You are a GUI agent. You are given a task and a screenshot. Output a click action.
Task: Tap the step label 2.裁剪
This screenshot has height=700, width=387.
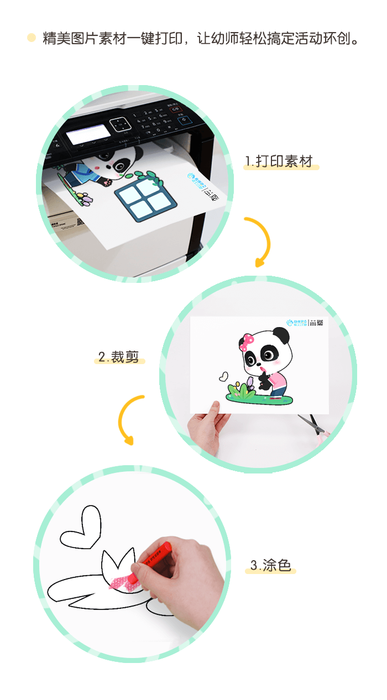click(x=118, y=356)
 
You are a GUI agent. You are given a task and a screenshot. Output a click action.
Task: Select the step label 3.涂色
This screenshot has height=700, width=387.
click(x=270, y=565)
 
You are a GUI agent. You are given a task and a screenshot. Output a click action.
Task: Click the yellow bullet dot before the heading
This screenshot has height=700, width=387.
click(x=32, y=38)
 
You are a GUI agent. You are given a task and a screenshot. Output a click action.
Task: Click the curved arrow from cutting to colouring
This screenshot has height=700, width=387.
click(x=129, y=419)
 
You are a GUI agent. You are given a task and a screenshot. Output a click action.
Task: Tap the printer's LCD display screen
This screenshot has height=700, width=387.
click(x=86, y=133)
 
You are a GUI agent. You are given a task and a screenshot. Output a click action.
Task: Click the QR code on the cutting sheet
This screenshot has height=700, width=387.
click(x=319, y=323)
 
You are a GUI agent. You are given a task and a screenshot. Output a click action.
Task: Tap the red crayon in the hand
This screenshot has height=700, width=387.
click(x=156, y=554)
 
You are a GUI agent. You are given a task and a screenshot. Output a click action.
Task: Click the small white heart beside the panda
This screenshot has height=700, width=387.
click(x=223, y=376)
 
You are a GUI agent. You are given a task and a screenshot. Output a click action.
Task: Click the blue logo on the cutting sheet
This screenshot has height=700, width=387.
click(x=296, y=323)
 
